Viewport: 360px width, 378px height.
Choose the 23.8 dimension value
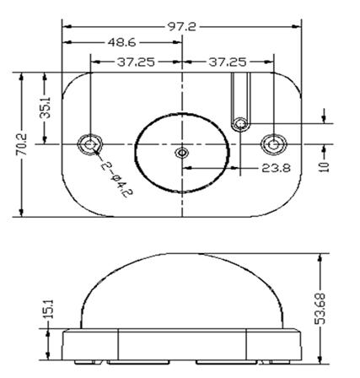[x=270, y=169]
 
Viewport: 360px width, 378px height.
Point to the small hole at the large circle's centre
[x=182, y=154]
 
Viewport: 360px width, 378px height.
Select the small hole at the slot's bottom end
[x=240, y=124]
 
